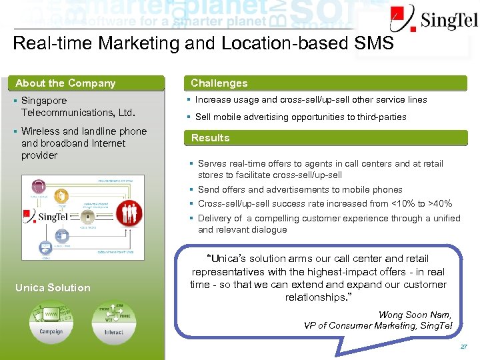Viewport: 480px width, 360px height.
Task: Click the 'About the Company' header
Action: (x=65, y=83)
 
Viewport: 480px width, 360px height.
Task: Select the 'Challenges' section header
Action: (x=219, y=83)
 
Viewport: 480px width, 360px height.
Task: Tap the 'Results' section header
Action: (x=210, y=138)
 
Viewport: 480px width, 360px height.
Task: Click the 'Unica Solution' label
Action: (x=53, y=287)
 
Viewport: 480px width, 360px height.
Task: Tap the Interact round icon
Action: (x=113, y=323)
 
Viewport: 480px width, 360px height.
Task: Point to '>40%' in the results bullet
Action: (x=440, y=203)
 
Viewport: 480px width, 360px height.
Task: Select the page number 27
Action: (x=464, y=347)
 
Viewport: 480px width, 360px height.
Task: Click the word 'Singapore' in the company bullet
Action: (x=44, y=101)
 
